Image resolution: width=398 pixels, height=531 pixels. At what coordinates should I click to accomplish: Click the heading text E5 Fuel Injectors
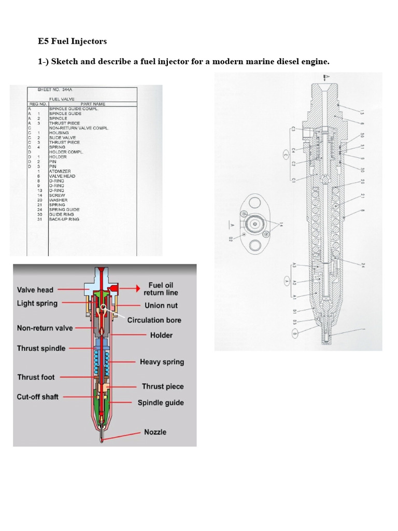pyautogui.click(x=73, y=41)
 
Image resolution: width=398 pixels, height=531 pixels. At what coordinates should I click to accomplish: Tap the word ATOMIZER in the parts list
pyautogui.click(x=60, y=171)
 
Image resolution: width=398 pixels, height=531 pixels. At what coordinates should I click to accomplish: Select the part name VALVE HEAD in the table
pyautogui.click(x=62, y=176)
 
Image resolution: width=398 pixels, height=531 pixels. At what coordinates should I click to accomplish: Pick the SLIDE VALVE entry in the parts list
pyautogui.click(x=62, y=137)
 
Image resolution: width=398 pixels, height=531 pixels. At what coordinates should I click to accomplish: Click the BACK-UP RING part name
pyautogui.click(x=64, y=219)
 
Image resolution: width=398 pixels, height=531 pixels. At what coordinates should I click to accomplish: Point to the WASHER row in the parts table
pyautogui.click(x=58, y=200)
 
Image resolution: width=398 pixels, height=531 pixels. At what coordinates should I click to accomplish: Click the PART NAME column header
pyautogui.click(x=93, y=104)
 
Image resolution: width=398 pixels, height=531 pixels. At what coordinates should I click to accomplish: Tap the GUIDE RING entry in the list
pyautogui.click(x=62, y=214)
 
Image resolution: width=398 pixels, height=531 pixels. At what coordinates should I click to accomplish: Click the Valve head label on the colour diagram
pyautogui.click(x=35, y=290)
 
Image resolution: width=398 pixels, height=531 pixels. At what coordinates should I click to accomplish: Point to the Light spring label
pyautogui.click(x=37, y=303)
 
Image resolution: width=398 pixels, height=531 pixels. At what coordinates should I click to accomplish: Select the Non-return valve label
pyautogui.click(x=45, y=328)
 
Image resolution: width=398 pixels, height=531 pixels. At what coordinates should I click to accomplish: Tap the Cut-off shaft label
pyautogui.click(x=37, y=397)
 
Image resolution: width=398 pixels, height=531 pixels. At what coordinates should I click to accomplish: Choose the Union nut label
pyautogui.click(x=162, y=306)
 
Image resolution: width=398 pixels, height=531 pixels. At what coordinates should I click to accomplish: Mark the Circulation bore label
pyautogui.click(x=154, y=320)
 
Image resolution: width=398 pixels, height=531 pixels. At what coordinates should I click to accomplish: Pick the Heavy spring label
pyautogui.click(x=162, y=362)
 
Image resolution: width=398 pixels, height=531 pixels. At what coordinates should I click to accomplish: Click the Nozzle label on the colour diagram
pyautogui.click(x=155, y=432)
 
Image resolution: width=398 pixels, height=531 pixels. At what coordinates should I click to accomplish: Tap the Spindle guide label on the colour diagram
pyautogui.click(x=160, y=402)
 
